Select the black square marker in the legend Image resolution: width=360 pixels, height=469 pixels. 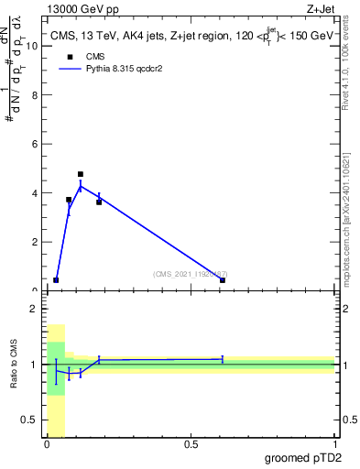pyautogui.click(x=68, y=57)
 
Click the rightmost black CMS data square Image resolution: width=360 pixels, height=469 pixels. pyautogui.click(x=223, y=280)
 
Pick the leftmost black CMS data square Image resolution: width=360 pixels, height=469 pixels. pyautogui.click(x=56, y=280)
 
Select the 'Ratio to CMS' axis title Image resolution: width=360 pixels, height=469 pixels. pyautogui.click(x=13, y=365)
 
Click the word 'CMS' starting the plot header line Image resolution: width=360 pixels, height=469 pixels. pyautogui.click(x=63, y=36)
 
